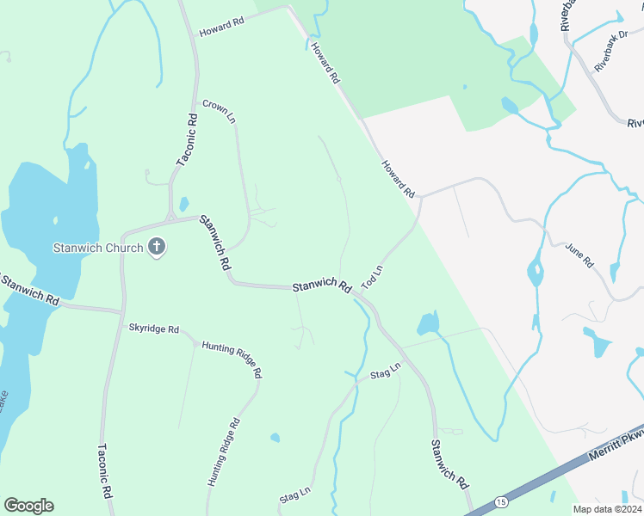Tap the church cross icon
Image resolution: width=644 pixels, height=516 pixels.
pyautogui.click(x=157, y=248)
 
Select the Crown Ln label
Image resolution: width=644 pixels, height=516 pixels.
pyautogui.click(x=219, y=112)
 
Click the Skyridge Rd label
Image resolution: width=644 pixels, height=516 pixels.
pyautogui.click(x=154, y=329)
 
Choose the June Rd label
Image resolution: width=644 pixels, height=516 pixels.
pyautogui.click(x=579, y=255)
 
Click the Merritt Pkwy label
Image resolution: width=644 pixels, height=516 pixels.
pyautogui.click(x=616, y=447)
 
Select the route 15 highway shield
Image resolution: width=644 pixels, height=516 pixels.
pyautogui.click(x=501, y=501)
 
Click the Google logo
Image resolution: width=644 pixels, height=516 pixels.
pyautogui.click(x=28, y=506)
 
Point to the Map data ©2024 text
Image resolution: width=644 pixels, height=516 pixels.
pyautogui.click(x=607, y=509)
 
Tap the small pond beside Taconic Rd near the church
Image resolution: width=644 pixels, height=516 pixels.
pyautogui.click(x=183, y=205)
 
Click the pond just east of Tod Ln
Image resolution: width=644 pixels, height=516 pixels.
pyautogui.click(x=428, y=323)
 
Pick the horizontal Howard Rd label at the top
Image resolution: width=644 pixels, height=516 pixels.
pyautogui.click(x=222, y=27)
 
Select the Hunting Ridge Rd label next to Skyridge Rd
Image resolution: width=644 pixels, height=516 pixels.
pyautogui.click(x=232, y=359)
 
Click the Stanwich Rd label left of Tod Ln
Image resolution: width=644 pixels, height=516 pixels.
pyautogui.click(x=322, y=286)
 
